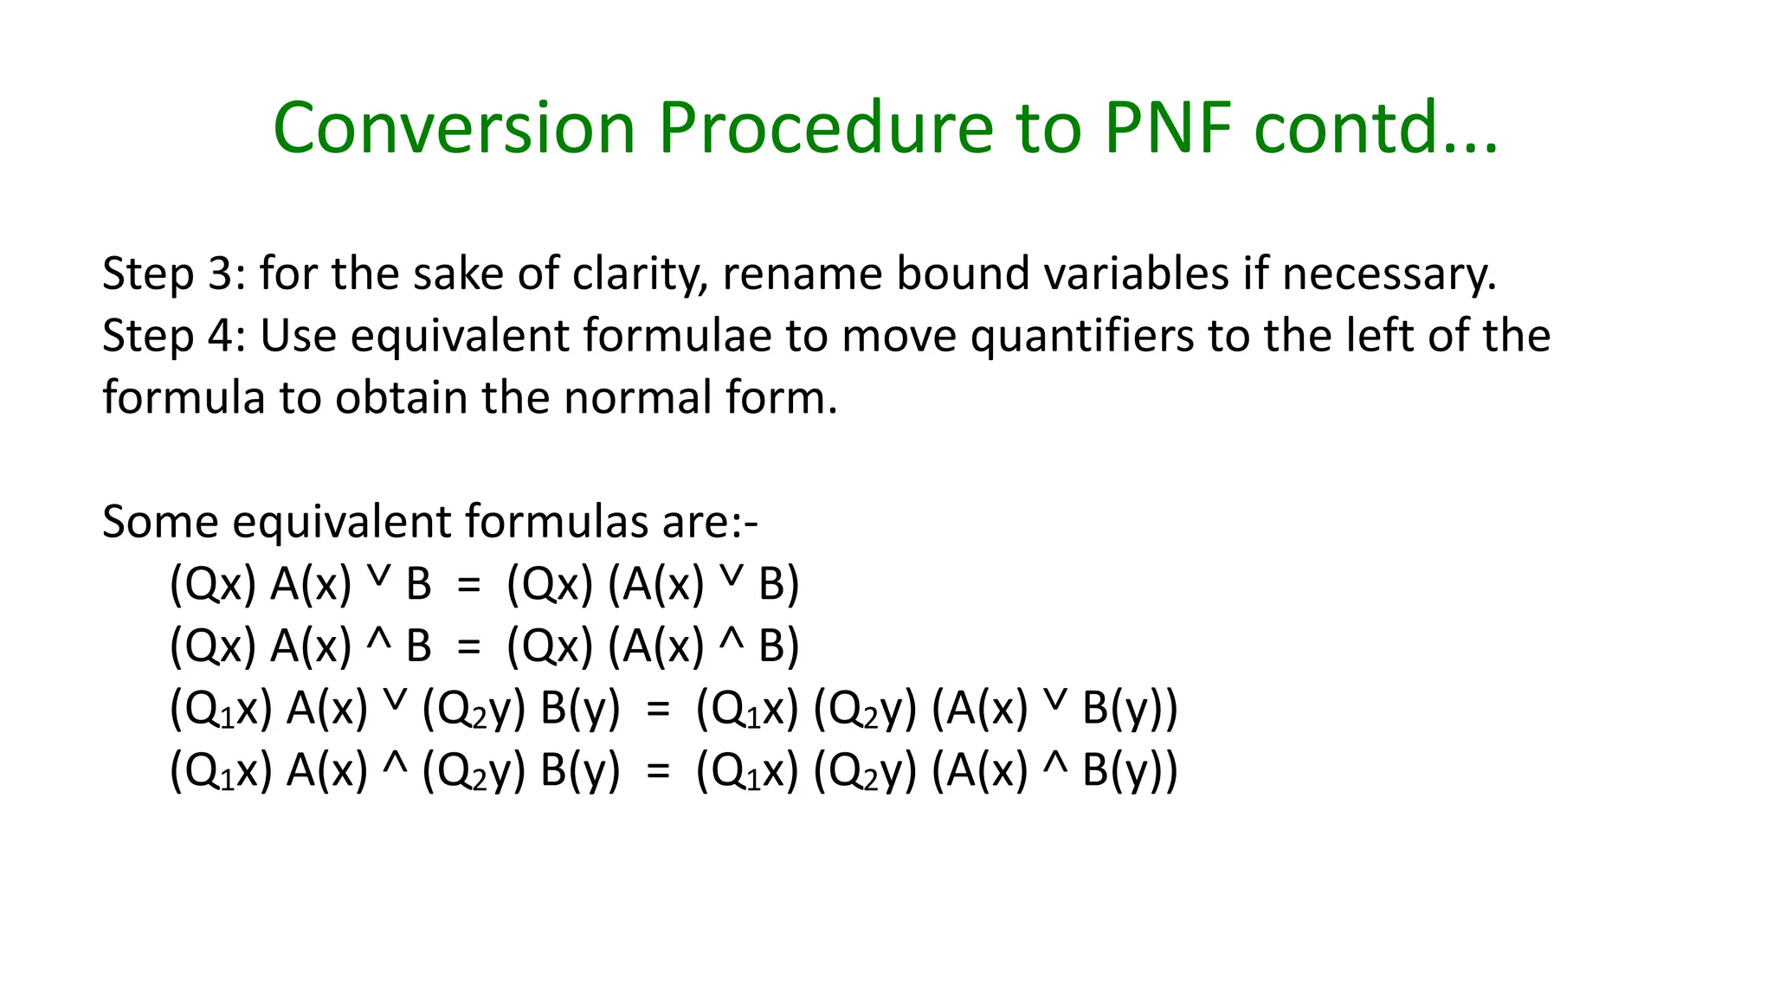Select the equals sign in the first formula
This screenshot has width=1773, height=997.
point(468,586)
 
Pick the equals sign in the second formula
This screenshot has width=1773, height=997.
point(468,647)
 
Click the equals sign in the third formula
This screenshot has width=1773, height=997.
point(658,710)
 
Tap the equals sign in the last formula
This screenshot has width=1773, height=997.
point(658,771)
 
